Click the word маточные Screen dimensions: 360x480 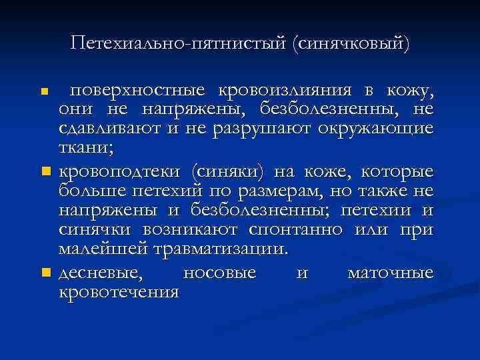click(x=391, y=273)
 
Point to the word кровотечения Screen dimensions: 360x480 click(x=119, y=292)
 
